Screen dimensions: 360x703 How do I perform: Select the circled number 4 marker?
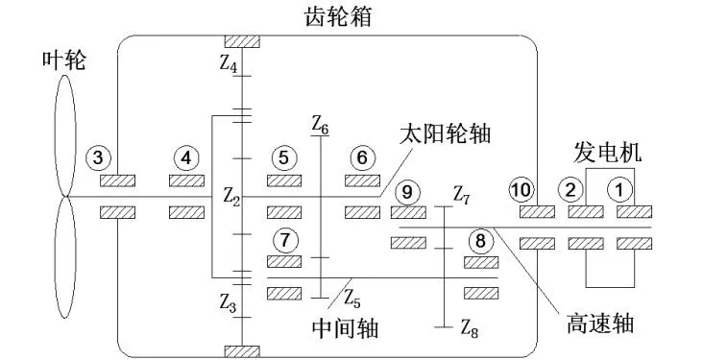tap(186, 156)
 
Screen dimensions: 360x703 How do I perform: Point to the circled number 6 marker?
tap(361, 156)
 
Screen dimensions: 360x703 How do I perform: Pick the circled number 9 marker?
tap(407, 192)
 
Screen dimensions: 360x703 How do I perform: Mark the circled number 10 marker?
tap(521, 190)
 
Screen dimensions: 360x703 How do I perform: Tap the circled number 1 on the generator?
tap(621, 190)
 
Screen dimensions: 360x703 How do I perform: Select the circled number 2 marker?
tap(573, 190)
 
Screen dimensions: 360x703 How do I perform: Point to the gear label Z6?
tap(320, 126)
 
